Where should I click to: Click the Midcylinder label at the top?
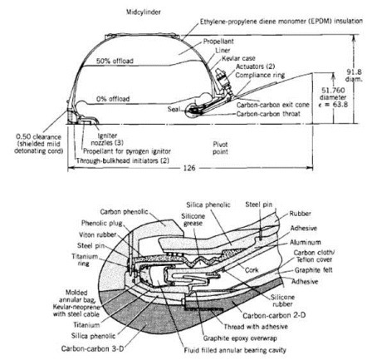point(144,12)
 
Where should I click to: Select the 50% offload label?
point(115,61)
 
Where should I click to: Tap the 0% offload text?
point(113,99)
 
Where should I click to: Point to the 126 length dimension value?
point(189,168)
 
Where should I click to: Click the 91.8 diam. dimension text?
point(354,76)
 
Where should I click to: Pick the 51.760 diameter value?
point(333,94)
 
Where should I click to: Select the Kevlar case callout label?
point(238,59)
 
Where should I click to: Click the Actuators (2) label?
point(255,67)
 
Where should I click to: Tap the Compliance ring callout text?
point(260,75)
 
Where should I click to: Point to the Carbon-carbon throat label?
point(268,114)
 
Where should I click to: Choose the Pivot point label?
point(220,148)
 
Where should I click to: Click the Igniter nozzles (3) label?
point(107,139)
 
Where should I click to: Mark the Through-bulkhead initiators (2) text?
point(123,160)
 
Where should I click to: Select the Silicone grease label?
point(193,219)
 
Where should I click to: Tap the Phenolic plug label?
point(101,224)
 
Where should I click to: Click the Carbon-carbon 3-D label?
point(92,348)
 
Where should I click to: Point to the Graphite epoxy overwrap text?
point(240,338)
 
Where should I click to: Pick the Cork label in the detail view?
point(252,270)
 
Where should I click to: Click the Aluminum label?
point(306,243)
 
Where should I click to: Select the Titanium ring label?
point(85,259)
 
